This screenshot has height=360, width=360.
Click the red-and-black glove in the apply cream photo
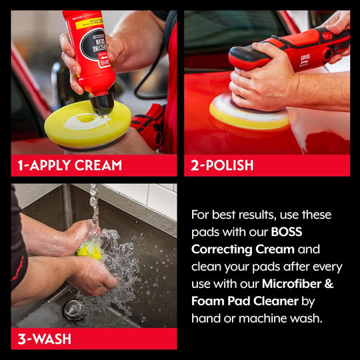pyautogui.click(x=147, y=123)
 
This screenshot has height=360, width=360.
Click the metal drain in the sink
pyautogui.click(x=73, y=309)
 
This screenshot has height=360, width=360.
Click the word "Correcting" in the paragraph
pyautogui.click(x=222, y=249)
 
